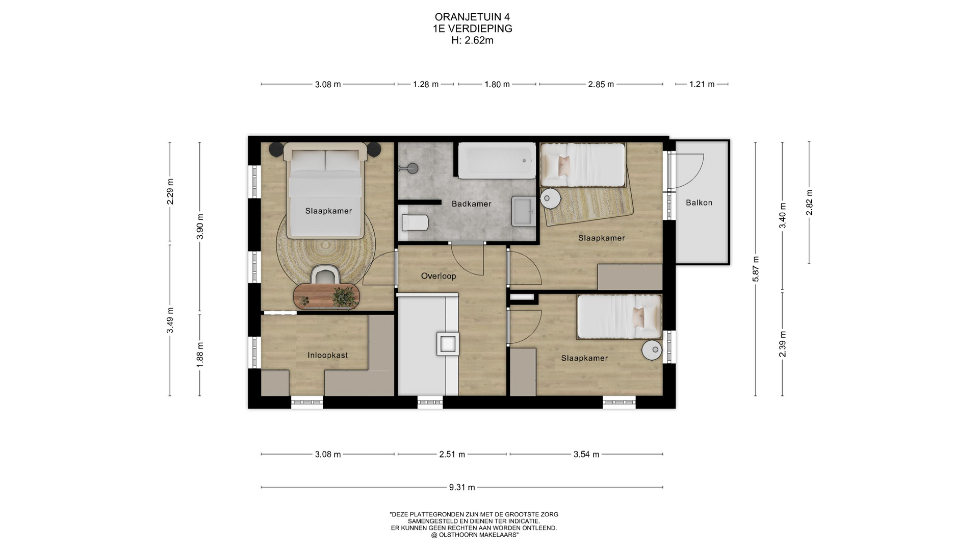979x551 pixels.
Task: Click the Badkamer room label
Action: (471, 204)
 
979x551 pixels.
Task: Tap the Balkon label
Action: (699, 203)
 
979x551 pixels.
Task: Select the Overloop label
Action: (438, 276)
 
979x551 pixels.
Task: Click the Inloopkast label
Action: (327, 355)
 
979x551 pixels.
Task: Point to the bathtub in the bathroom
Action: (497, 161)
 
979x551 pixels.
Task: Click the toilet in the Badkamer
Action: (415, 222)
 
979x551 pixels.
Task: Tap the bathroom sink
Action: (524, 211)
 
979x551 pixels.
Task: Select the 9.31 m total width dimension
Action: (462, 487)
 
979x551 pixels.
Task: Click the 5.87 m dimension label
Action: (756, 269)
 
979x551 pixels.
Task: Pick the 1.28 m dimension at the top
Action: (426, 84)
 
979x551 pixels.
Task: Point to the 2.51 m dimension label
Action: (452, 454)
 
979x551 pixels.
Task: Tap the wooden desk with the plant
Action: (326, 296)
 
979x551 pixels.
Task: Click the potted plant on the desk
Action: (345, 296)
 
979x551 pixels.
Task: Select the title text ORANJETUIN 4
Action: (472, 17)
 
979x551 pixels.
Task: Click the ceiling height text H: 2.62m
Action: (472, 40)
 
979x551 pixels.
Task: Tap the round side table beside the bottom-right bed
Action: (652, 350)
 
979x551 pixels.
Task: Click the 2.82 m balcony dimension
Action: (809, 203)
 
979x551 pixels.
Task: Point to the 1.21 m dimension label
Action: (702, 84)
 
